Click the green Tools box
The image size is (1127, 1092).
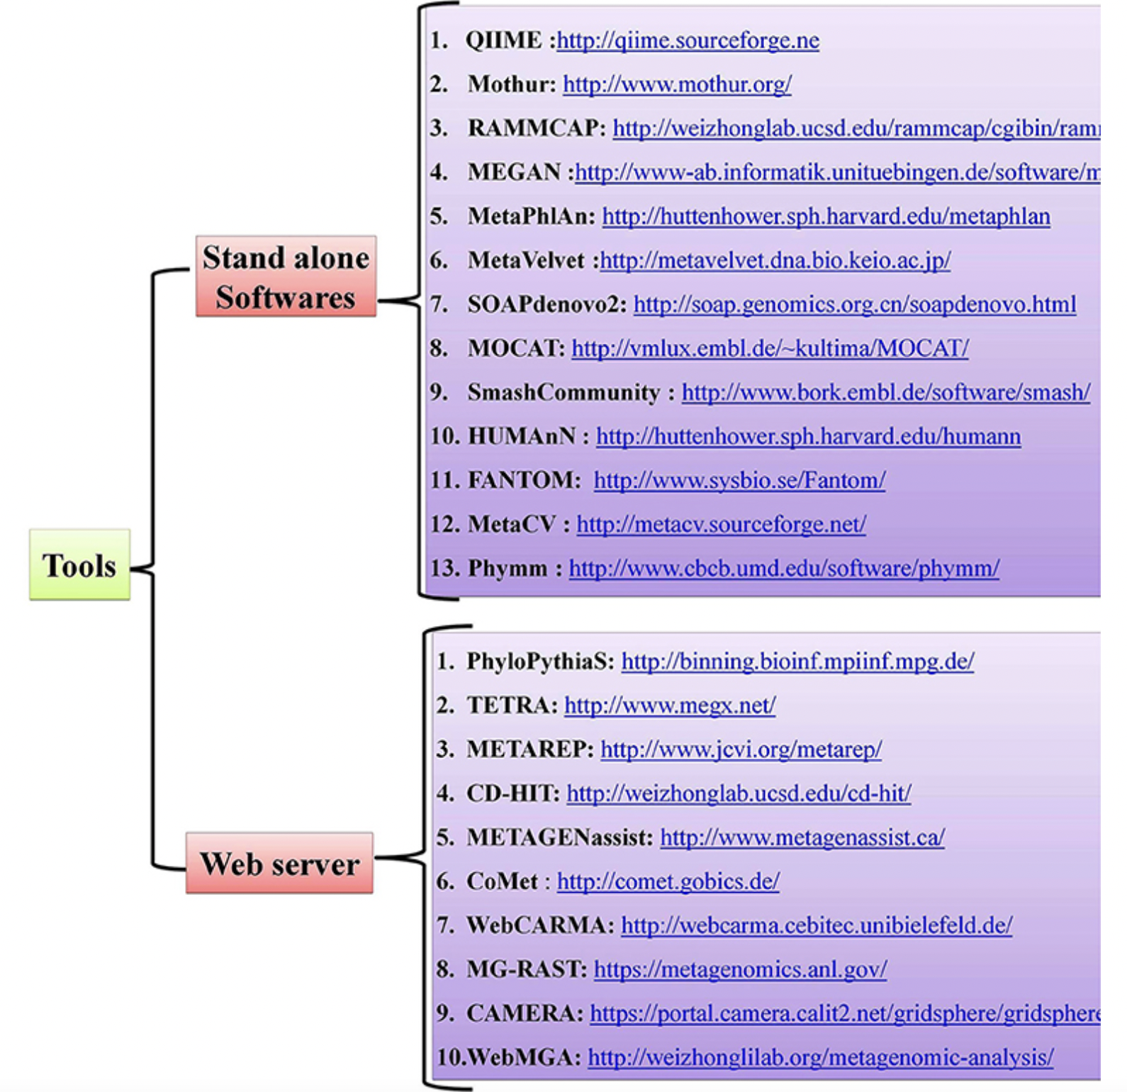[79, 565]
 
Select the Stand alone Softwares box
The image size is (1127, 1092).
[286, 277]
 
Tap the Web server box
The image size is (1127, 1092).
[279, 864]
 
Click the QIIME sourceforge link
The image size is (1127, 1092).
[688, 40]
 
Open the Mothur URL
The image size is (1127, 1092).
[677, 84]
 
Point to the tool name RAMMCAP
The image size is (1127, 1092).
[536, 128]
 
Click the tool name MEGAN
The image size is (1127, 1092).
[514, 172]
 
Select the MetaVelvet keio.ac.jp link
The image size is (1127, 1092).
[775, 260]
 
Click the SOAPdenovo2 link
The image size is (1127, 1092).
[854, 304]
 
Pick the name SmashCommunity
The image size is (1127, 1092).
[563, 392]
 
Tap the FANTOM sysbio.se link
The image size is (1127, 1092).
[739, 480]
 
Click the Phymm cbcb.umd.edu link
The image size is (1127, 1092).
[784, 568]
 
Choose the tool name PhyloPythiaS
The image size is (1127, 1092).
[539, 661]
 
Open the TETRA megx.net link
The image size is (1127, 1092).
[670, 705]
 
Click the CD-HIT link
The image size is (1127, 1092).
[739, 793]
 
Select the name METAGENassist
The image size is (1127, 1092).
[559, 837]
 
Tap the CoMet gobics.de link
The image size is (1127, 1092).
[668, 881]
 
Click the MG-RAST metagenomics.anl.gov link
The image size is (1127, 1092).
[740, 969]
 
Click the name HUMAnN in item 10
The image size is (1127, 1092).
[522, 436]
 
